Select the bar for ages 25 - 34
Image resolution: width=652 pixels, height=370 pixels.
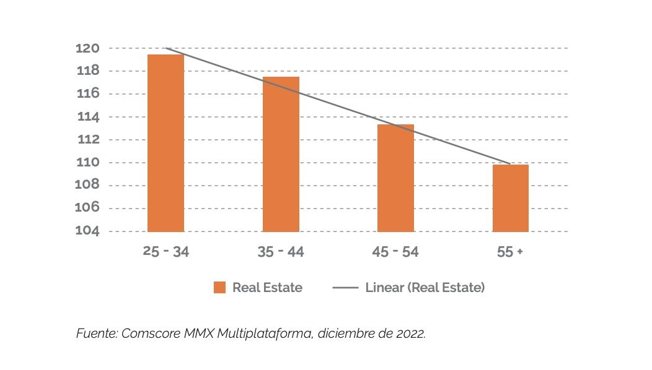coord(165,143)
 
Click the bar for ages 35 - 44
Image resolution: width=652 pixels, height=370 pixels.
coord(281,154)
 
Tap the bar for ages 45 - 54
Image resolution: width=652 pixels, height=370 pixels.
coord(395,178)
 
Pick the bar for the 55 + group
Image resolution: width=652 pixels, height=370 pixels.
coord(511,198)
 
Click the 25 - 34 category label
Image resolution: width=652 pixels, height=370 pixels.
coord(165,252)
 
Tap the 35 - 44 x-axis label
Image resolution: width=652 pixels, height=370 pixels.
coord(281,252)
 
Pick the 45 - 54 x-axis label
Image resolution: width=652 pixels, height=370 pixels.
coord(395,252)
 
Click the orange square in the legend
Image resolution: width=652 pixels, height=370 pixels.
coord(219,288)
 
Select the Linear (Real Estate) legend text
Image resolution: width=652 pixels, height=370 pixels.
coord(425,288)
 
